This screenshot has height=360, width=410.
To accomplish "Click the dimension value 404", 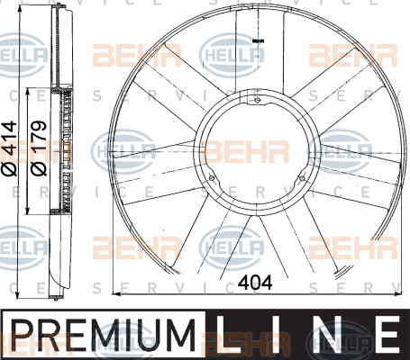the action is pyautogui.click(x=255, y=283).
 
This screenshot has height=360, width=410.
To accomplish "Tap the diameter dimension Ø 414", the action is pyautogui.click(x=9, y=148).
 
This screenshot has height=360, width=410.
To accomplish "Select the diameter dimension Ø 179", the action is pyautogui.click(x=39, y=148).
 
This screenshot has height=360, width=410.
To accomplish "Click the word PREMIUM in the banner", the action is pyautogui.click(x=104, y=335).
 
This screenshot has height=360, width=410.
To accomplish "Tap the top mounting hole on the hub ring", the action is pyautogui.click(x=257, y=101).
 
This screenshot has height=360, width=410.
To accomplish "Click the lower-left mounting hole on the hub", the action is pyautogui.click(x=212, y=178).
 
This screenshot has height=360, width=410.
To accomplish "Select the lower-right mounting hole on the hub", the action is pyautogui.click(x=302, y=179).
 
